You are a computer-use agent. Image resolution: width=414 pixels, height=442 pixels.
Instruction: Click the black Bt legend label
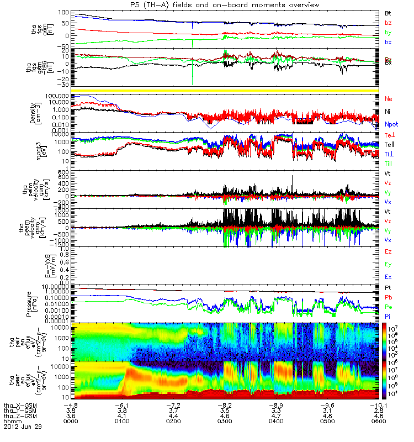pos(388,12)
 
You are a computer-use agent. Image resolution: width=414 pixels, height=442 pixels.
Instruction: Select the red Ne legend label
pos(389,99)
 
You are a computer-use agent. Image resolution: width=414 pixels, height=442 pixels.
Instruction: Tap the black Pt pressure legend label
pos(388,288)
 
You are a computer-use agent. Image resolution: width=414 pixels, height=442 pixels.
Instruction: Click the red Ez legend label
pos(389,251)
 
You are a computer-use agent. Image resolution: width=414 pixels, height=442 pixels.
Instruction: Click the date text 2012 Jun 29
pos(23,427)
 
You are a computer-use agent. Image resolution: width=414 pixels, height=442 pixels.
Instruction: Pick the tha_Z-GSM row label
pos(20,416)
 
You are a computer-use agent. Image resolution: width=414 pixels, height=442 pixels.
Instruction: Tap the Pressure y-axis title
pos(36,303)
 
